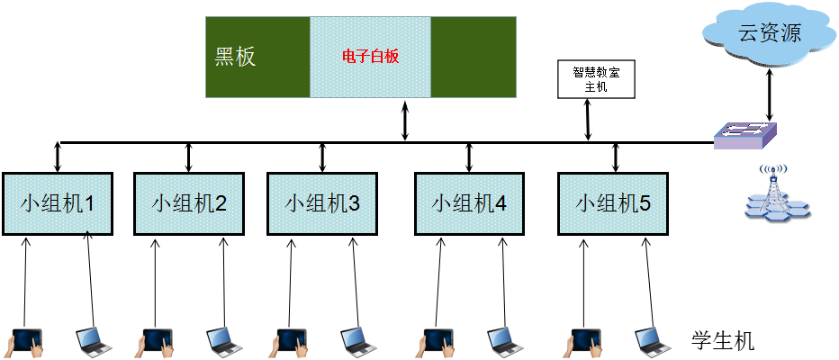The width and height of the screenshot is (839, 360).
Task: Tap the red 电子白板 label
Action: [370, 57]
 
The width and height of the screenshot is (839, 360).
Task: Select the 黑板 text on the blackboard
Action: [235, 57]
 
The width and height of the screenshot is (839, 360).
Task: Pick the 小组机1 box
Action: [58, 202]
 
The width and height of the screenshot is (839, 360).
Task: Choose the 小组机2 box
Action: [189, 202]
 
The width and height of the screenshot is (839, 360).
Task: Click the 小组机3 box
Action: [322, 202]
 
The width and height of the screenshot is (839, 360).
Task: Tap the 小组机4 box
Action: [469, 202]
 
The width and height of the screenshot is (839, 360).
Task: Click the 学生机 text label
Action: [723, 342]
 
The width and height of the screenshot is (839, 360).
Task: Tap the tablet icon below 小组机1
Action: [27, 340]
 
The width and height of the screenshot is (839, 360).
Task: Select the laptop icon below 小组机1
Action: [92, 338]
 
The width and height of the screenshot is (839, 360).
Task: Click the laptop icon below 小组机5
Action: [650, 338]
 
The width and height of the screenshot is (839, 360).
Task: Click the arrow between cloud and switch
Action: [768, 95]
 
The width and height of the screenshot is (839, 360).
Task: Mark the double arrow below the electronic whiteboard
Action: [405, 121]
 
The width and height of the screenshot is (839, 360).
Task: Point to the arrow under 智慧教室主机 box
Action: [589, 120]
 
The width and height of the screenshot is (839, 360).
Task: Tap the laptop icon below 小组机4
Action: [502, 338]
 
